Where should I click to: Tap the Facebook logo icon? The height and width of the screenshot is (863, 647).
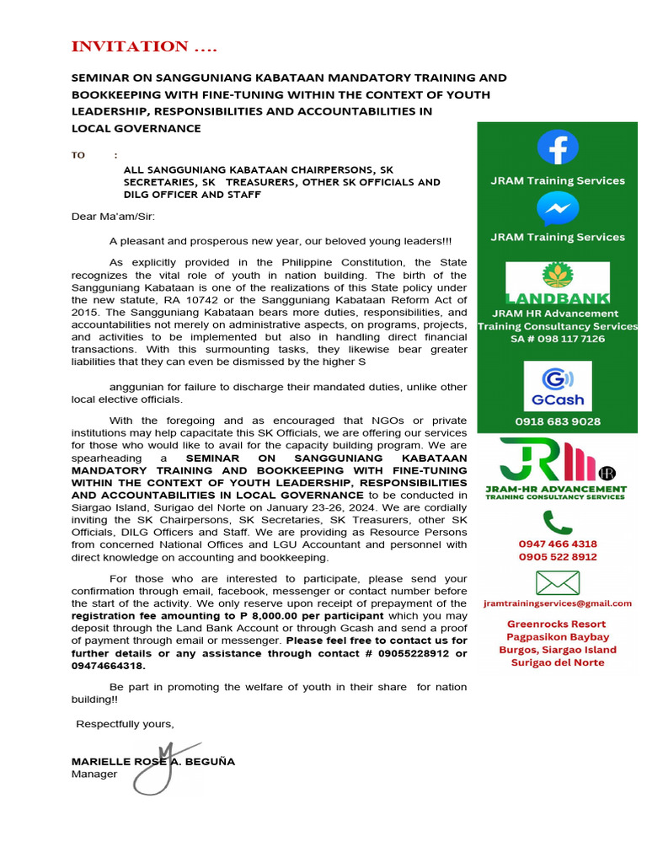coord(558,147)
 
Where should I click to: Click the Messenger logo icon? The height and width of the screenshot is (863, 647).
coord(558,208)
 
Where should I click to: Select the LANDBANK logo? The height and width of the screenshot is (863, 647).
coord(557,282)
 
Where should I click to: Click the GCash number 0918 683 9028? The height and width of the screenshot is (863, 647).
coord(558,421)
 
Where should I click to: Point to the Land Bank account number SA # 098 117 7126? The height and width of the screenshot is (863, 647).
coord(558,339)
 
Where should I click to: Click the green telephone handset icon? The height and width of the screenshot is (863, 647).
coord(557,522)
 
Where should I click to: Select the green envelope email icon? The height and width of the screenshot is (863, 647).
coord(558,582)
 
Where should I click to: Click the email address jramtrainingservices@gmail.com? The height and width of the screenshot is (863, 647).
coord(558,603)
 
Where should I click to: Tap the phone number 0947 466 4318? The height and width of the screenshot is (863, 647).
coord(558,544)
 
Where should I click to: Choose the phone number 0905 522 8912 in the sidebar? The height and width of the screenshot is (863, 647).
coord(558,557)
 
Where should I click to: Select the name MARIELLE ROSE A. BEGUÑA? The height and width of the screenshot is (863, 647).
coord(153,761)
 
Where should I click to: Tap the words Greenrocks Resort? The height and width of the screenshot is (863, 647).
coord(558,624)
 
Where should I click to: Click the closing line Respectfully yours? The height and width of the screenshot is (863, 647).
coord(126,724)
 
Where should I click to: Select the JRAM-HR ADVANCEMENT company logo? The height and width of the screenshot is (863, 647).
coord(557,469)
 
